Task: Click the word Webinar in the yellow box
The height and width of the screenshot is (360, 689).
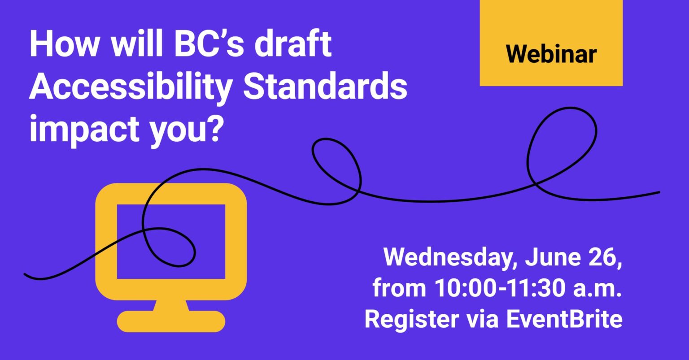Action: (x=551, y=54)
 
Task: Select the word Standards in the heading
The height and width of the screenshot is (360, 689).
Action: (x=325, y=88)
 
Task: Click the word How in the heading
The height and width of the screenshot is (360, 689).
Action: (x=61, y=45)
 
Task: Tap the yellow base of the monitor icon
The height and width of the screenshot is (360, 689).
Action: (x=171, y=321)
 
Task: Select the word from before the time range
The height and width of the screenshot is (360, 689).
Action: (x=399, y=289)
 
